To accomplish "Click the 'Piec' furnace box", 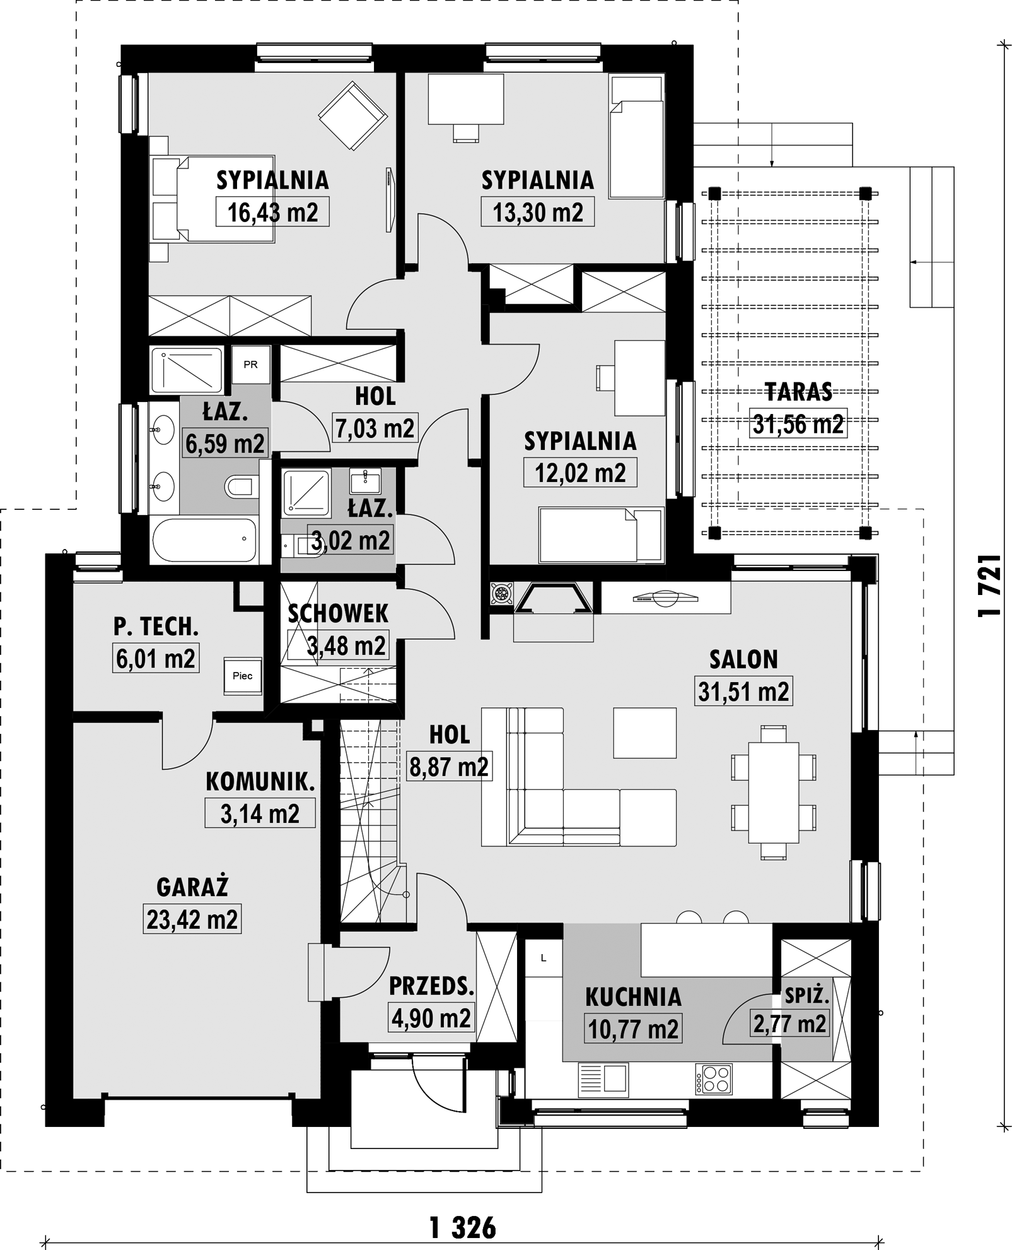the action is pos(243,676).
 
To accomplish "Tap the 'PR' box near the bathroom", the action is pos(250,365).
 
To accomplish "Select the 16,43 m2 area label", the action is pos(272,212).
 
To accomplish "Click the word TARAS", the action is pos(798,392).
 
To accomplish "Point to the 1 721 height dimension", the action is pos(991,586).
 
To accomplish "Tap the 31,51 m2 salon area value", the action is pos(743,692).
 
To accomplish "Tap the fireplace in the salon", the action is pos(554,599).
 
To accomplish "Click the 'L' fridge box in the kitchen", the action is pos(544,958).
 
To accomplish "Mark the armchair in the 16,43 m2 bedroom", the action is pos(352,115).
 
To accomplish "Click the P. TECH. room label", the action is pos(156,627).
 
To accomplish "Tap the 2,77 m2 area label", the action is pos(789,1024).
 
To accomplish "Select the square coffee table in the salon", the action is pos(645,733).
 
